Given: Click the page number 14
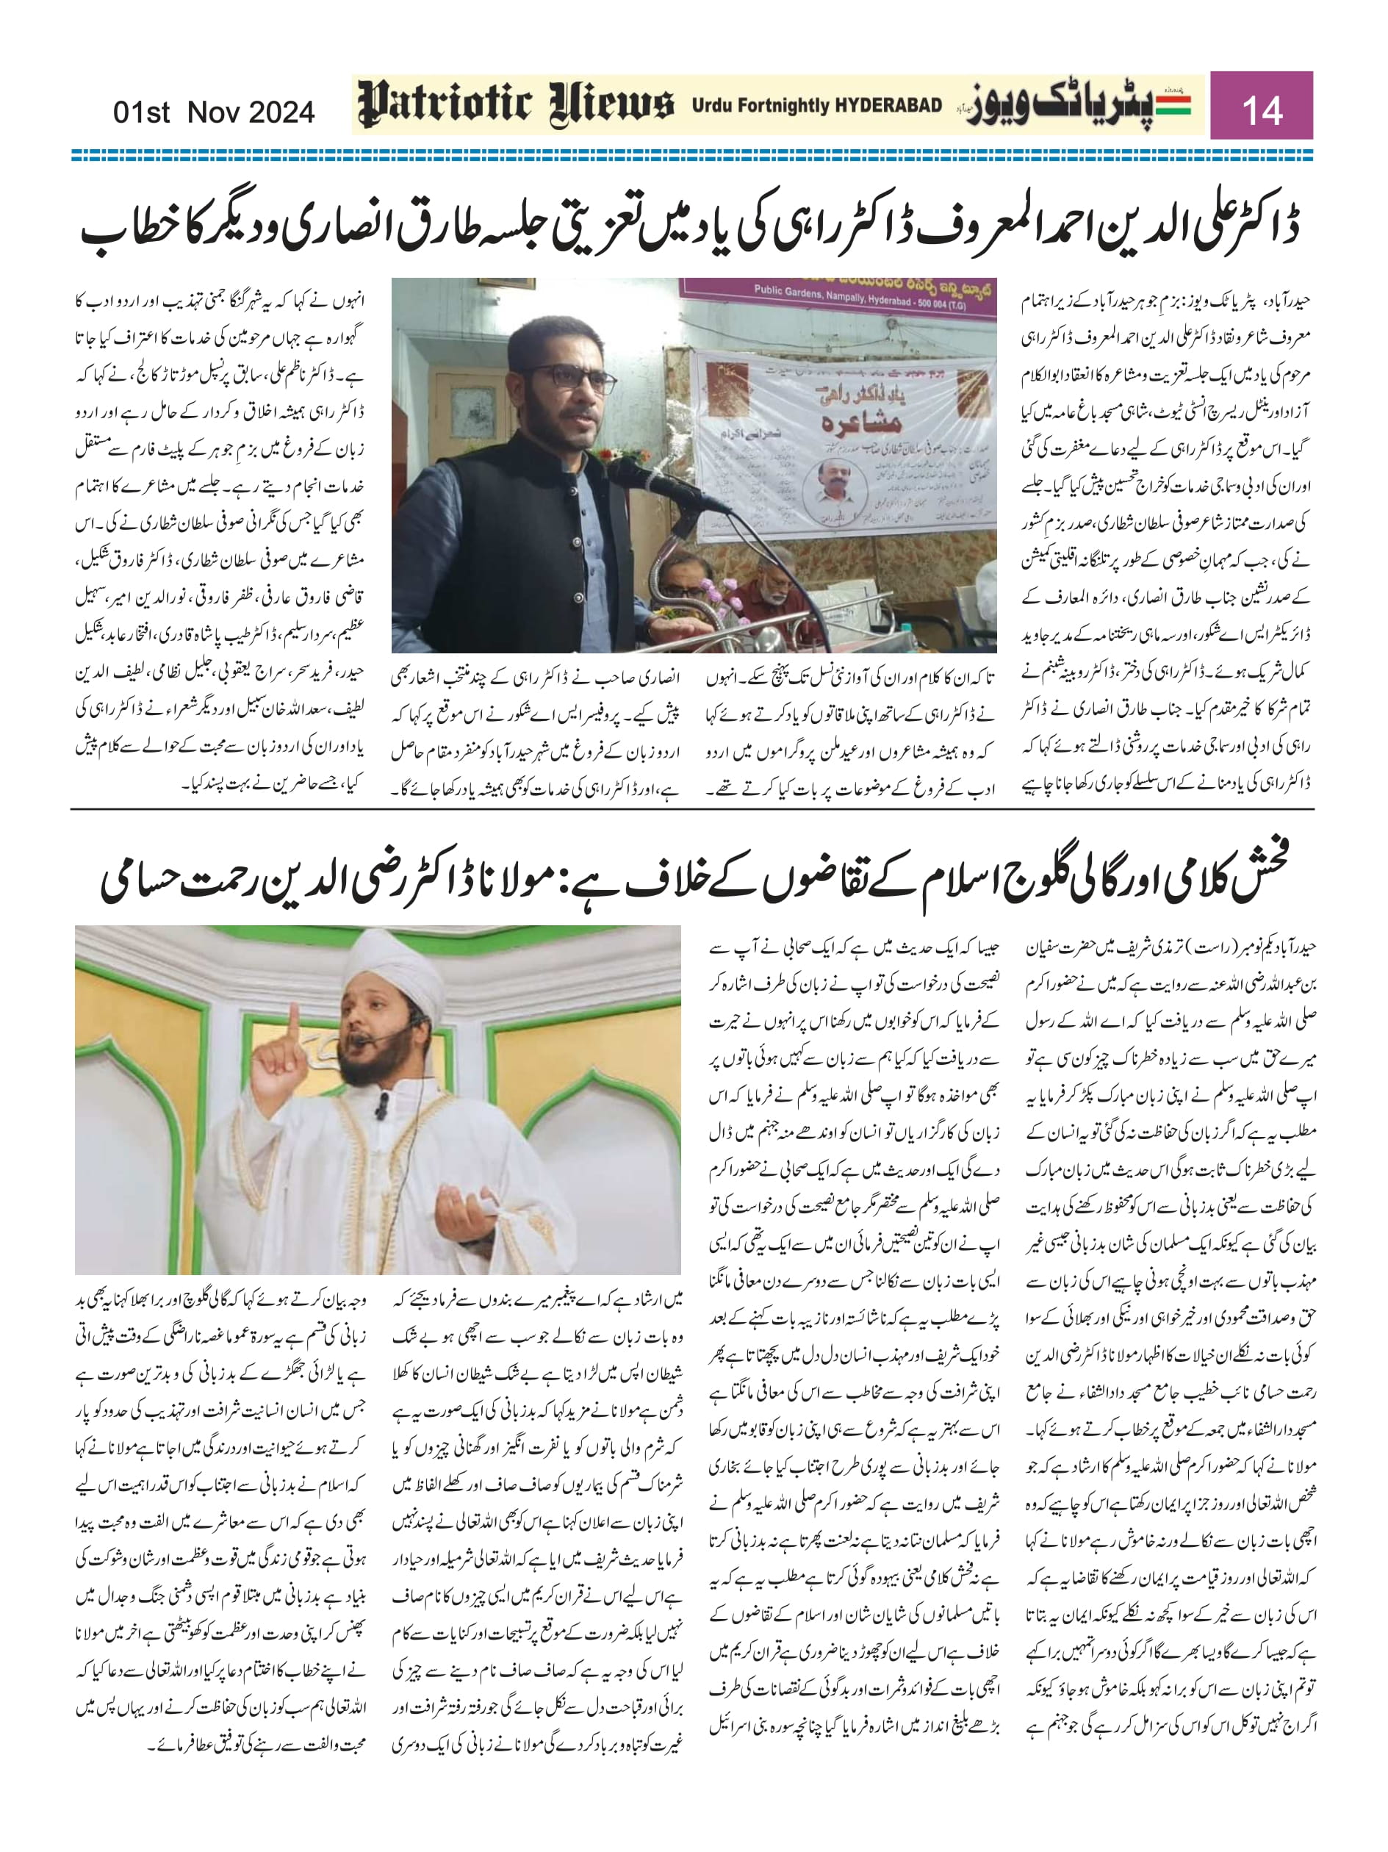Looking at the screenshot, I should point(1262,109).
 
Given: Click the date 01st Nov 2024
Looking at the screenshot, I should point(214,112).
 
